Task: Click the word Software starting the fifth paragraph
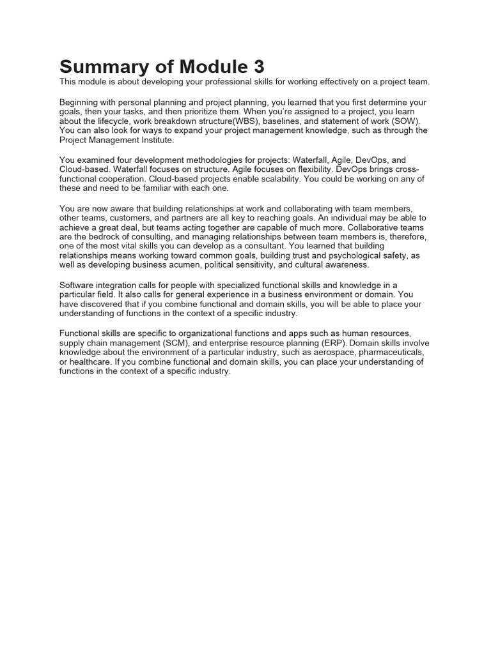click(x=79, y=285)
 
